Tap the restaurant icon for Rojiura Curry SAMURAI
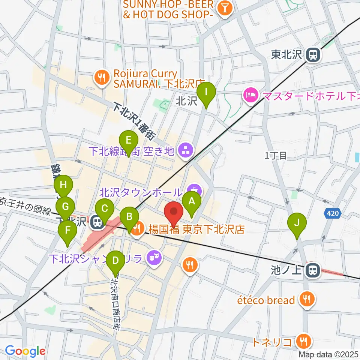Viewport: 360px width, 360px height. pos(102,78)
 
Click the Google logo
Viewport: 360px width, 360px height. pos(25,351)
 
